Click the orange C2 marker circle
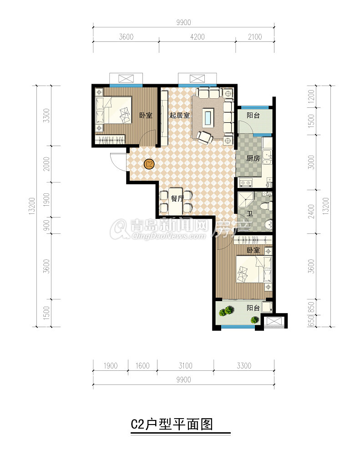click(x=149, y=164)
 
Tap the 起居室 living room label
click(x=179, y=115)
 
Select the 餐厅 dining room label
click(x=177, y=198)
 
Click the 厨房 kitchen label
click(x=253, y=158)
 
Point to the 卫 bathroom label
click(x=250, y=214)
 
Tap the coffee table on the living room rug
click(x=208, y=117)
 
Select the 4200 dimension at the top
click(x=198, y=37)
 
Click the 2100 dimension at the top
click(x=255, y=37)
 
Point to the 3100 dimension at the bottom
click(x=186, y=366)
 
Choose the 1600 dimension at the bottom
click(x=142, y=366)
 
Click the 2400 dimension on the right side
click(x=311, y=212)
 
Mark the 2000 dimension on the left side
click(x=46, y=164)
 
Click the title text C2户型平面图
click(x=172, y=424)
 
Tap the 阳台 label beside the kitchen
click(x=253, y=115)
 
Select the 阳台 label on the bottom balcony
click(x=253, y=308)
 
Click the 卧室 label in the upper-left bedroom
click(x=146, y=115)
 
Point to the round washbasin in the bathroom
click(x=268, y=225)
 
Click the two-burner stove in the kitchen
click(x=246, y=183)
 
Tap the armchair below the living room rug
click(x=204, y=138)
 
